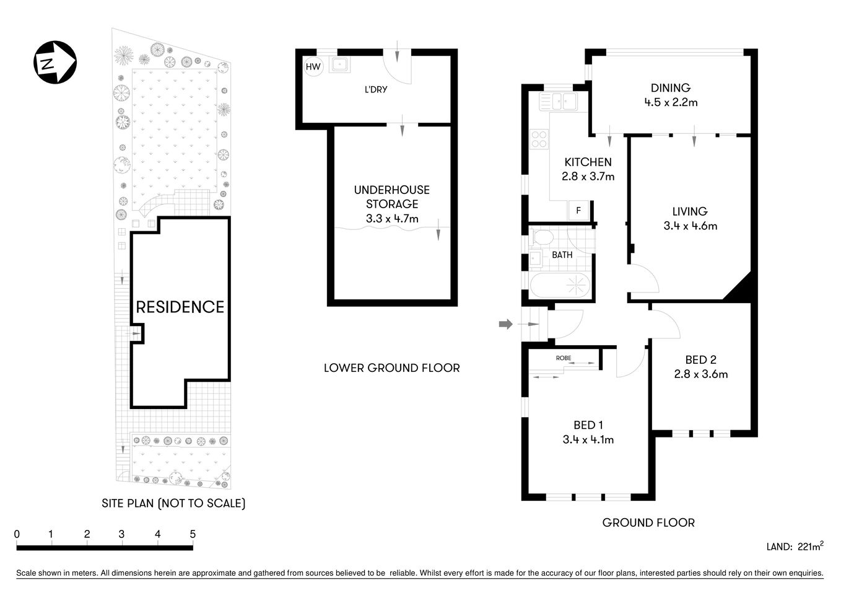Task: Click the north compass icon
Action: click(x=54, y=62)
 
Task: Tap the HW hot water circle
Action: click(x=313, y=66)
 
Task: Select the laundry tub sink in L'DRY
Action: click(x=339, y=64)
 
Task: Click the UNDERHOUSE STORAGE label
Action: click(x=391, y=197)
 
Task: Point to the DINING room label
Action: click(x=670, y=88)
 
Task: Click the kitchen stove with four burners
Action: click(x=539, y=139)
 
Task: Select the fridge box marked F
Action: click(x=578, y=211)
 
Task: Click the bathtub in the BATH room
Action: click(x=560, y=288)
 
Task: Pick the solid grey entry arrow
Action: click(x=506, y=324)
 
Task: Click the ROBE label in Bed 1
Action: click(x=563, y=358)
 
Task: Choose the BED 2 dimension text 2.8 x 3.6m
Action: click(x=700, y=374)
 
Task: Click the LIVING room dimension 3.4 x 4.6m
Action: click(x=690, y=226)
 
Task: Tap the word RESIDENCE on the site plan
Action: click(x=180, y=307)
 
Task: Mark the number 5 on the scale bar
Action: click(x=193, y=534)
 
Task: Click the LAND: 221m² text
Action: click(x=795, y=546)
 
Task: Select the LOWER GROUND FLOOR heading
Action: click(x=391, y=368)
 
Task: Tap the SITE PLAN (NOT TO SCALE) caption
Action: click(x=173, y=503)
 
